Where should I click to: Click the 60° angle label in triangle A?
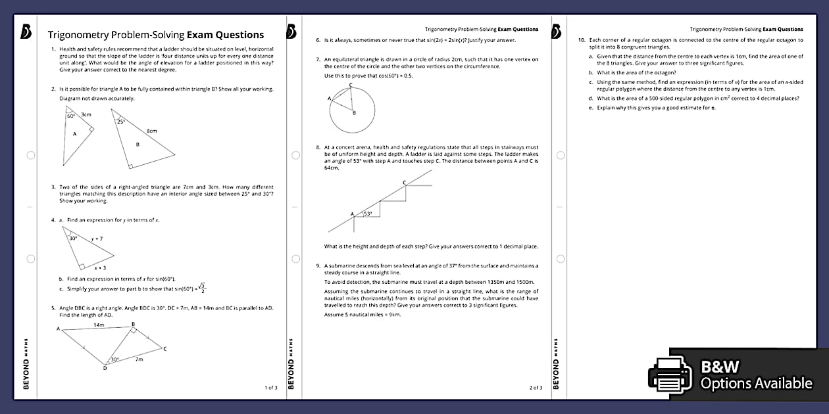coord(70,116)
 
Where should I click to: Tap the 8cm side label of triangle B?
coord(151,131)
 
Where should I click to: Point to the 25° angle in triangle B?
coord(121,122)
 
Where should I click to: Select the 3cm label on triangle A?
coord(86,114)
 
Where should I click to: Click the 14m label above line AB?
coord(98,325)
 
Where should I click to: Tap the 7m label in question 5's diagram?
coord(139,359)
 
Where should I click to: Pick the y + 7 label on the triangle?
coord(97,239)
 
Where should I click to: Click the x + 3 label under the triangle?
coord(100,268)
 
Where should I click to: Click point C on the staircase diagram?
coord(404,181)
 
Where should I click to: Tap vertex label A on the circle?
coord(328,98)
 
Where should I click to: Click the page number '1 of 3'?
coord(271,388)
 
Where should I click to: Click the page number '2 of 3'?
coord(536,388)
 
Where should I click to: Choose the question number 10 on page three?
coord(582,40)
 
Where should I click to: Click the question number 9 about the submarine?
coord(318,265)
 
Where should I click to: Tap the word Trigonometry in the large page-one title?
coord(82,35)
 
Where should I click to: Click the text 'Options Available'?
coord(756,384)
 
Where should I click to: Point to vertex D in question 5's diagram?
coord(105,368)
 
